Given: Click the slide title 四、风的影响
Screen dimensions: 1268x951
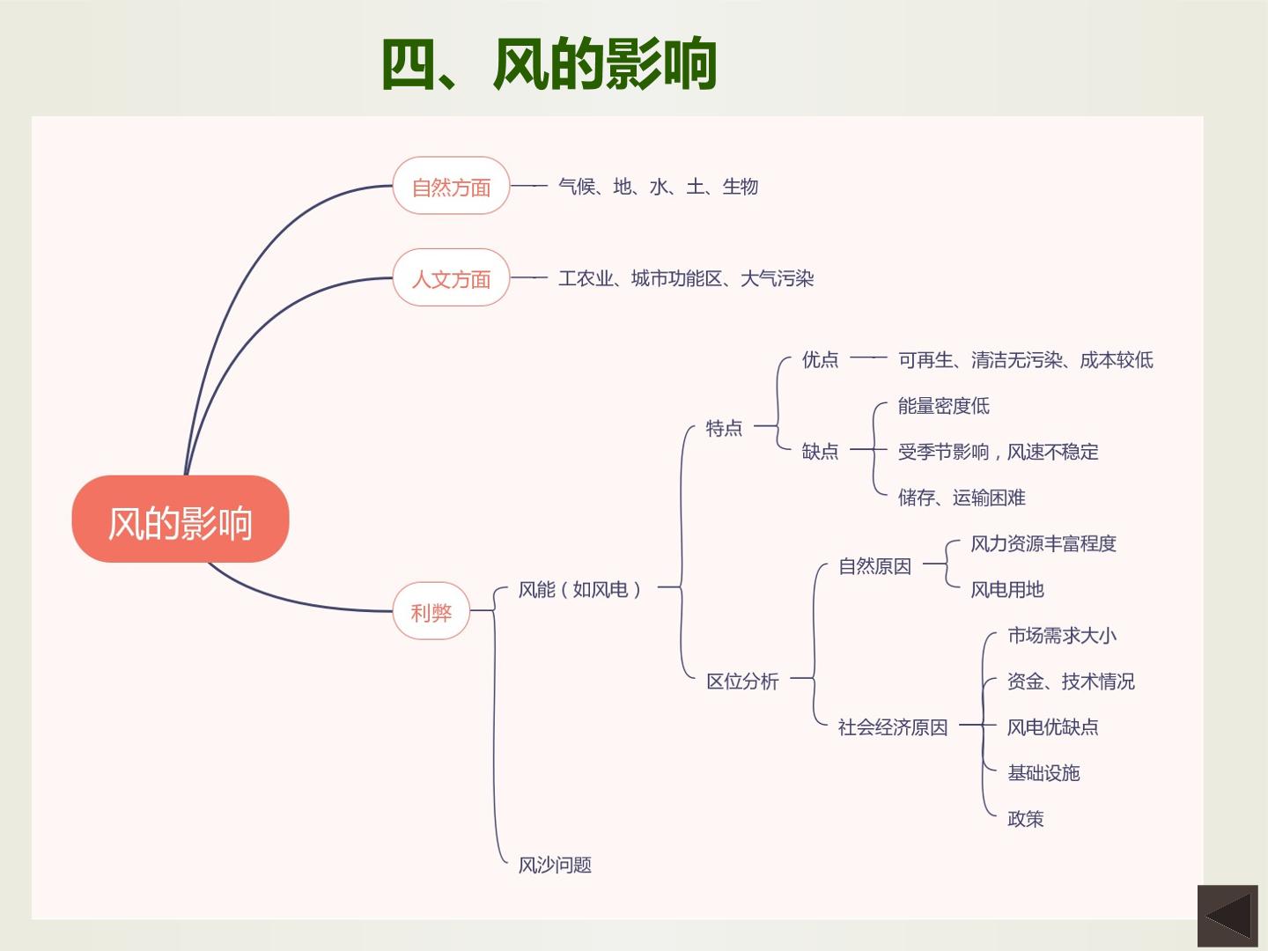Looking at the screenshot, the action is tap(549, 63).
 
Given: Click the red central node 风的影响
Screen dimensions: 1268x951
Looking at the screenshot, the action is tap(181, 519).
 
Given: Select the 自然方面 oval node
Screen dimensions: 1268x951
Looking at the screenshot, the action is tap(451, 185).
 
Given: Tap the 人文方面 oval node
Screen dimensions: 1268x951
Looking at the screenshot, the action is tap(451, 277).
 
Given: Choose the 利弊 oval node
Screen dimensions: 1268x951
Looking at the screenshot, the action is tap(431, 611).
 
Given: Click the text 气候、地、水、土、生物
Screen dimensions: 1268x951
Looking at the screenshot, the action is tap(658, 187).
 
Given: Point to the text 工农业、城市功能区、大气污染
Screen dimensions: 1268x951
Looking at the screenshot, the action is tap(686, 278).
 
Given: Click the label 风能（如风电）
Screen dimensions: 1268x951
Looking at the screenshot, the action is tap(580, 589).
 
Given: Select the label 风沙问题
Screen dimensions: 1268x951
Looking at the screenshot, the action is tap(555, 865).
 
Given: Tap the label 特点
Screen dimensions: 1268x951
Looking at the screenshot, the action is tap(724, 428).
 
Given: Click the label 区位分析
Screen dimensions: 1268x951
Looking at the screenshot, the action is tap(742, 681).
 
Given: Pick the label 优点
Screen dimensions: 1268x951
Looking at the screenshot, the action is tap(820, 359).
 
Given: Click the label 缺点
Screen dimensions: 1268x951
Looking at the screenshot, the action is tap(820, 450).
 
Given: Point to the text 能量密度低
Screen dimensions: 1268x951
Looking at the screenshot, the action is tap(943, 405).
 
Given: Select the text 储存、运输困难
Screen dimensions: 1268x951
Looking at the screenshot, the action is tap(962, 498).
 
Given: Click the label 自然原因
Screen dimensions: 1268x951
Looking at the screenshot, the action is tap(874, 566).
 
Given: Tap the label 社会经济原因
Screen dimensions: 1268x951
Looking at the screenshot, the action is tap(893, 727).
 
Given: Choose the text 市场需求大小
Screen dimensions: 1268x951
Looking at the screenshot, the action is tap(1062, 635).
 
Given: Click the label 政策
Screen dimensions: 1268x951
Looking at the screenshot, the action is tap(1025, 818).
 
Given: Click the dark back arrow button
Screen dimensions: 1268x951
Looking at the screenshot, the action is tap(1227, 916).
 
